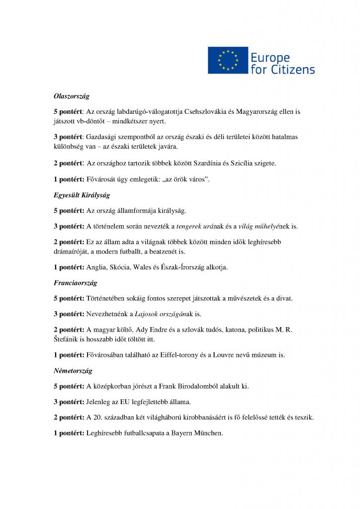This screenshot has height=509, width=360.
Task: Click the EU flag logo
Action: (228, 60)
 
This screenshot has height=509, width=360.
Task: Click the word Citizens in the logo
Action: (293, 69)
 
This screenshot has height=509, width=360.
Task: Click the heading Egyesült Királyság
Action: (82, 195)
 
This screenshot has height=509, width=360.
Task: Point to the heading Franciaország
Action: (75, 283)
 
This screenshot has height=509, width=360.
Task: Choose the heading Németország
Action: (73, 370)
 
